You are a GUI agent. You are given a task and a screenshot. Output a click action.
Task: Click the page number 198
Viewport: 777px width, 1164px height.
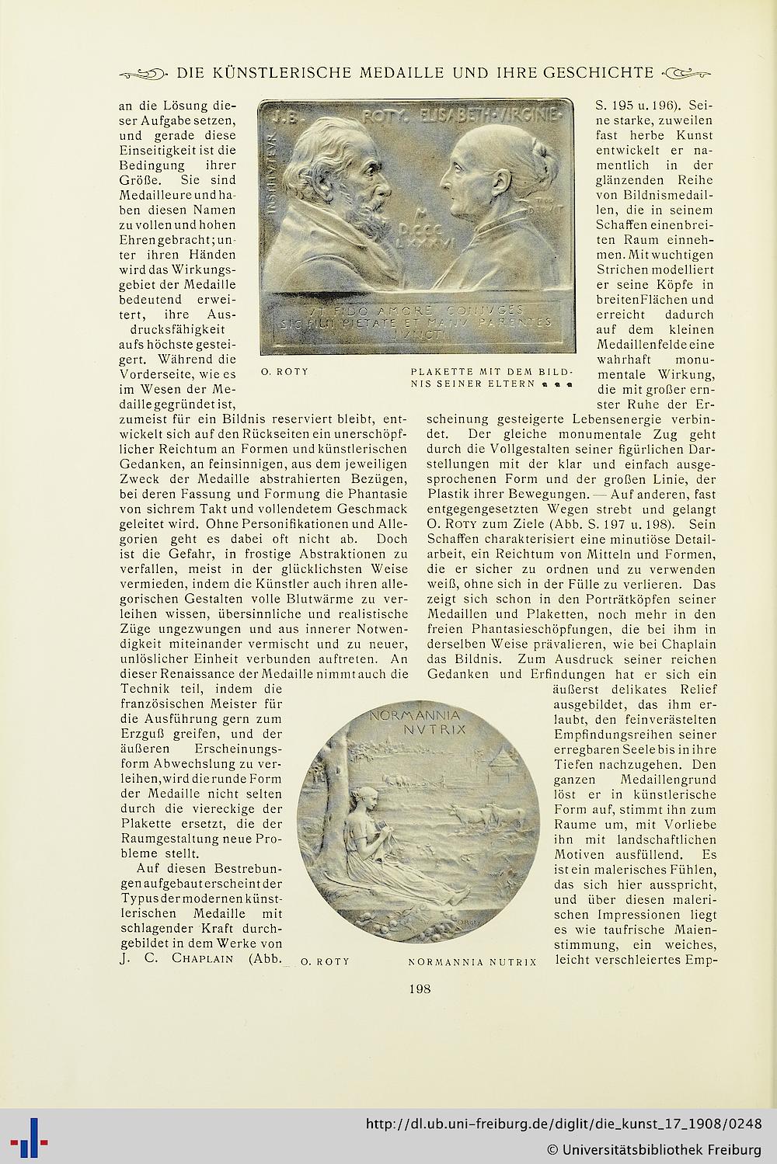tap(420, 989)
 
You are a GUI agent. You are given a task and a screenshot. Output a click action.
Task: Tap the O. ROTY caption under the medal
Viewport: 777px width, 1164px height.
tap(325, 961)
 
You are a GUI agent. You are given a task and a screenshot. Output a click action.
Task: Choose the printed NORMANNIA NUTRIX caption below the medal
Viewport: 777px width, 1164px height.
tap(472, 962)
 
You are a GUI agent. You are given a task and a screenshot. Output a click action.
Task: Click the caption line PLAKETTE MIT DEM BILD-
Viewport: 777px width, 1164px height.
tap(492, 371)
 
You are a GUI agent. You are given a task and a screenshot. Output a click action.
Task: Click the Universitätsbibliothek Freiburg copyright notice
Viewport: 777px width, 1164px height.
tap(653, 1148)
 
